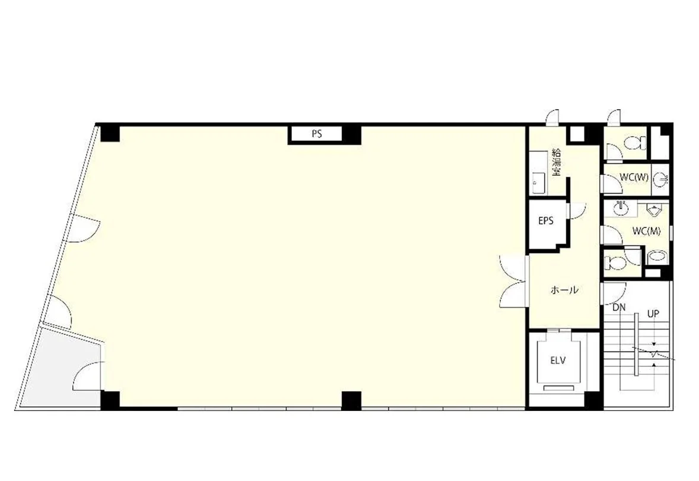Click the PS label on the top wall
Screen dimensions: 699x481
317,134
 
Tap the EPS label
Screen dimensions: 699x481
546,220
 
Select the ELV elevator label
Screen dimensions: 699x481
558,360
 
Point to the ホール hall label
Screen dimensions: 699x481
565,290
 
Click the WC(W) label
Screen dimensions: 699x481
634,177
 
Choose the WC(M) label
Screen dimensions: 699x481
646,231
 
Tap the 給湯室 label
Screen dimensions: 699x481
557,162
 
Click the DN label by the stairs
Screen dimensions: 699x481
619,307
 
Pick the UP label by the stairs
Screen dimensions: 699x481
653,314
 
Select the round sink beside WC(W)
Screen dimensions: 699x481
660,179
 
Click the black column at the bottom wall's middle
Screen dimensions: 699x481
351,400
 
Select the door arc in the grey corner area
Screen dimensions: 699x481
88,376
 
